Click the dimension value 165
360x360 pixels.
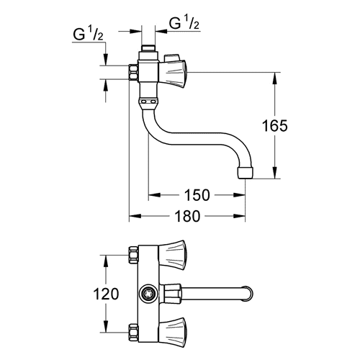click(x=275, y=125)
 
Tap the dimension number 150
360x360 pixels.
click(x=197, y=195)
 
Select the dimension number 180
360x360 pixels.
click(x=187, y=216)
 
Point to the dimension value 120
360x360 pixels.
click(x=106, y=294)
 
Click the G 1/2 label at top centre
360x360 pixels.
click(x=184, y=24)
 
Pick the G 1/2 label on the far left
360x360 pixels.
click(x=88, y=35)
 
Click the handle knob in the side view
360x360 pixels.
click(x=173, y=73)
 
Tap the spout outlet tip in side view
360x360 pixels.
click(x=246, y=173)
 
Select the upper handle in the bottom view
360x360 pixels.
click(x=172, y=255)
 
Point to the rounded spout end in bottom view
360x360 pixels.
click(x=248, y=294)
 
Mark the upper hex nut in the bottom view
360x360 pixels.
click(x=133, y=255)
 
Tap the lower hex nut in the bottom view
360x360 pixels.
click(x=133, y=333)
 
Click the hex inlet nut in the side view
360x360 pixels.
click(x=133, y=72)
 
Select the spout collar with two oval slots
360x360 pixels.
click(x=148, y=102)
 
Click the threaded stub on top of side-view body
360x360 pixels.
click(x=148, y=48)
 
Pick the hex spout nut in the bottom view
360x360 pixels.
click(x=171, y=294)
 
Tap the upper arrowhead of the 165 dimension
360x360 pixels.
click(x=274, y=78)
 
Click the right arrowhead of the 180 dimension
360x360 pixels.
click(x=239, y=216)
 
